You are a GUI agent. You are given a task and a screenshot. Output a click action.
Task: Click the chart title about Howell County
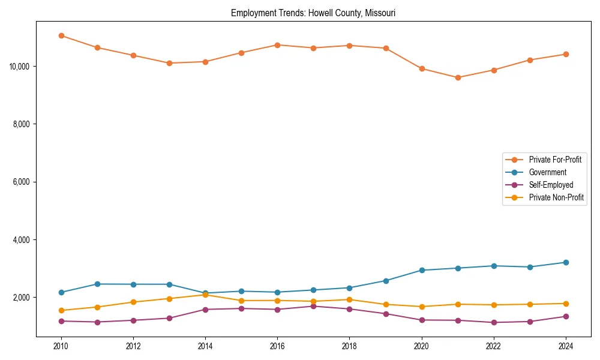tap(313, 13)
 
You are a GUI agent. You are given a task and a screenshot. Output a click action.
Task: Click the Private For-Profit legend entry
tap(554, 160)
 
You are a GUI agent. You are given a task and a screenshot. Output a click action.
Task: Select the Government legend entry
tap(547, 172)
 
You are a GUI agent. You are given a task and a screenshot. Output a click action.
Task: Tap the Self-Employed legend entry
tap(551, 185)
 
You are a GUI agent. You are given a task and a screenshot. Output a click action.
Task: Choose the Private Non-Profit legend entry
tap(556, 197)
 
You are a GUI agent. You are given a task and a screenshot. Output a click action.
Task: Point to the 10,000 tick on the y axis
tap(21, 66)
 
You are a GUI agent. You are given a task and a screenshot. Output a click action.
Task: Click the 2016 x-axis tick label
tap(277, 346)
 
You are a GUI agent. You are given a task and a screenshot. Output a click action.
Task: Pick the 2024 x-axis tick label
tap(566, 346)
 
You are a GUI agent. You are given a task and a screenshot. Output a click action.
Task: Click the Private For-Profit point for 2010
tap(61, 35)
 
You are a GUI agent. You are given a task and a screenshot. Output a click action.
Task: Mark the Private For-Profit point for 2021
tap(458, 77)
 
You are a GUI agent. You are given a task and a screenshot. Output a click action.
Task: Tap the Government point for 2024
tap(566, 262)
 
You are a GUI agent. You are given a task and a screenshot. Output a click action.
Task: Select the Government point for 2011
tap(97, 284)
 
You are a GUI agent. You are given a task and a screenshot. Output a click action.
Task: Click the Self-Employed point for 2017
tap(313, 306)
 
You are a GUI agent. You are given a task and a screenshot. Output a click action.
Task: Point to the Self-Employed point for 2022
tap(494, 322)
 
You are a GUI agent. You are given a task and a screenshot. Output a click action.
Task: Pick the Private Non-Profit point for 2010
tap(61, 310)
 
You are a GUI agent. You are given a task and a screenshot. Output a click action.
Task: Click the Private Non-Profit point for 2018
tap(349, 299)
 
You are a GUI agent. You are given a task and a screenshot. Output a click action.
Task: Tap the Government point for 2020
tap(422, 270)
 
